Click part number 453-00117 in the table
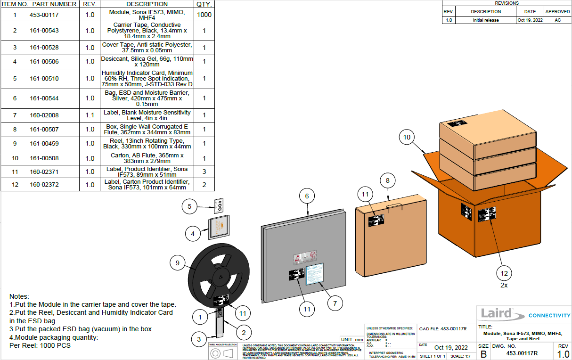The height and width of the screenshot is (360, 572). tap(44, 15)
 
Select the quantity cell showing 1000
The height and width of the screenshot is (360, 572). tap(204, 15)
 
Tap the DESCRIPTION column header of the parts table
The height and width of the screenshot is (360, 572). tap(147, 4)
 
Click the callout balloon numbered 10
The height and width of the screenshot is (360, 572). tap(407, 138)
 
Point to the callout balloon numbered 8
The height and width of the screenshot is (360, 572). tap(387, 180)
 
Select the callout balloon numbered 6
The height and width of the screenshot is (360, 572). tap(306, 196)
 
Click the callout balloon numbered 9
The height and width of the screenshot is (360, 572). tap(178, 263)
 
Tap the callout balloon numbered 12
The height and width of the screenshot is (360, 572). tap(504, 273)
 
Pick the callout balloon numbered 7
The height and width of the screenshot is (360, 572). tap(335, 303)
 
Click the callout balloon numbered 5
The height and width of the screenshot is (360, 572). tap(189, 206)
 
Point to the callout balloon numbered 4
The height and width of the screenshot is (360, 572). tap(192, 233)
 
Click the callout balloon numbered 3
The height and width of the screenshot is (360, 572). tap(199, 339)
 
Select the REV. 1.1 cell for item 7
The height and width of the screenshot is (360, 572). tap(90, 115)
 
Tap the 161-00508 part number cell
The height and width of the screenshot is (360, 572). tap(44, 158)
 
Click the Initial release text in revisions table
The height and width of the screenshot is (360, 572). tap(486, 20)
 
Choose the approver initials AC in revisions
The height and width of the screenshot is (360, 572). tap(557, 20)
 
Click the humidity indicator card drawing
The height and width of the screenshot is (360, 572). tap(218, 205)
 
